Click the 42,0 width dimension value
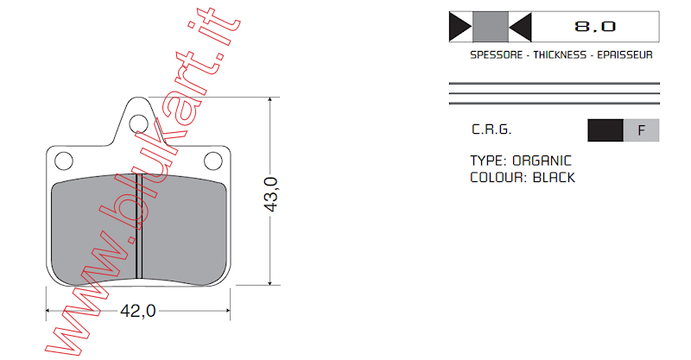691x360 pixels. click(138, 311)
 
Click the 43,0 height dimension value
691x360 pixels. click(271, 194)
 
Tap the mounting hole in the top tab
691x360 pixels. click(138, 123)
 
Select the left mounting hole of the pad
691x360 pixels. click(64, 161)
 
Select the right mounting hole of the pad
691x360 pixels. click(213, 161)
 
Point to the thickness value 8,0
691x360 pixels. click(595, 27)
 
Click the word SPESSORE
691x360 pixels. click(496, 55)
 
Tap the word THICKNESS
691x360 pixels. click(560, 55)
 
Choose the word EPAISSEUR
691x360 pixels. click(624, 55)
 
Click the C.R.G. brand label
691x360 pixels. click(491, 129)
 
